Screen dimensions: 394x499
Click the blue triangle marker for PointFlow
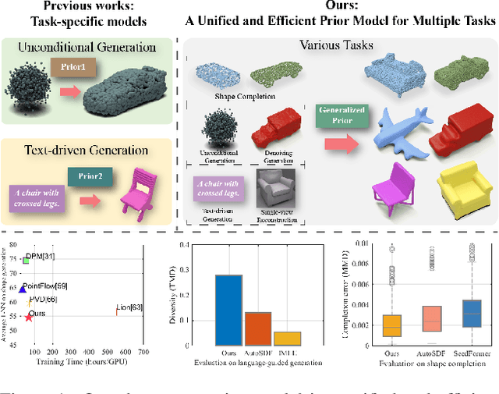pos(23,289)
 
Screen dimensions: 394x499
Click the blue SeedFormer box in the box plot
pos(471,312)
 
